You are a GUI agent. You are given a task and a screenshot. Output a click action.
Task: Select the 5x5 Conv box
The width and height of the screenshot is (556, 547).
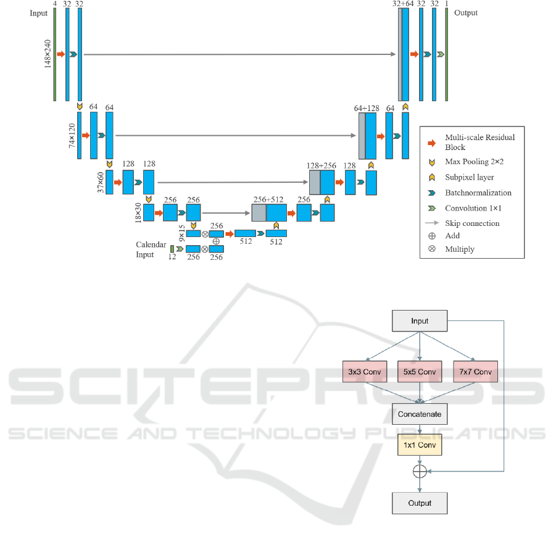[x=420, y=372]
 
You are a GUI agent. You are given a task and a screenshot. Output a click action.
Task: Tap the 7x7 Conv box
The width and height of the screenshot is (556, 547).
[x=475, y=372]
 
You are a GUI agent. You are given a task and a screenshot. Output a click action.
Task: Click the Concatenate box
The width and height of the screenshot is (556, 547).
[x=420, y=414]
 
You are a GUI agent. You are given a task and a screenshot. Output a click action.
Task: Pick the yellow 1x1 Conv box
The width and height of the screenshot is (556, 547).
[x=420, y=445]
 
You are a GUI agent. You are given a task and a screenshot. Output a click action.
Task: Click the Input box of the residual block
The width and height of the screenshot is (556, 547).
[x=420, y=321]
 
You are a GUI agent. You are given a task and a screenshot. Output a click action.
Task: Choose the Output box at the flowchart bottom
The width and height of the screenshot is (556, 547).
[x=420, y=503]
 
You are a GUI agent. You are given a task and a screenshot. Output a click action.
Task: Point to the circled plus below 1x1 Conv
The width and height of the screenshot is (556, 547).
[x=420, y=472]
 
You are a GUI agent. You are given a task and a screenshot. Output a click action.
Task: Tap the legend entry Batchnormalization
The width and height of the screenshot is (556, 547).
[x=478, y=193]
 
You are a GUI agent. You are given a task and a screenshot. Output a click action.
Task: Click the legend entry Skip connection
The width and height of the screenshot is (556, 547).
[x=472, y=223]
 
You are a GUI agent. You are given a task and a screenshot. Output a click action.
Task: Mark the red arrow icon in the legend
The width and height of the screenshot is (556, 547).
[x=432, y=143]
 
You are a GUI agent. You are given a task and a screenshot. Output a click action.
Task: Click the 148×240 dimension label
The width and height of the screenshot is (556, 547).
[x=48, y=54]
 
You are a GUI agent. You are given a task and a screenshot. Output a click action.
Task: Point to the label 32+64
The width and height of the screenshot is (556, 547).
[x=403, y=4]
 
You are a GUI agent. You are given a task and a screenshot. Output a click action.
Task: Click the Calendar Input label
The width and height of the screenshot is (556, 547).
[x=151, y=249]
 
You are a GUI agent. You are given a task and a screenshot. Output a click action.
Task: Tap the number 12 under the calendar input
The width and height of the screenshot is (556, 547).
[x=172, y=257]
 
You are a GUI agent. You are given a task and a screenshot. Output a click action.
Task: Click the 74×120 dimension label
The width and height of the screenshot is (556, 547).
[x=72, y=135]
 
